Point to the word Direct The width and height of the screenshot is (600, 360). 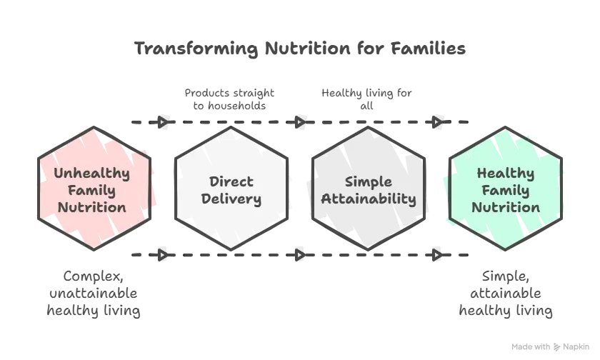coord(231,181)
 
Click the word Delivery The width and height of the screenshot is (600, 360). coord(231,199)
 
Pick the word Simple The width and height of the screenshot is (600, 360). coord(368,181)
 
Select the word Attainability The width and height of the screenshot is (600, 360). coord(368,199)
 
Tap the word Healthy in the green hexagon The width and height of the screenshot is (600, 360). coord(505,173)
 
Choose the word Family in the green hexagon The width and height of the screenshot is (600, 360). coord(505,190)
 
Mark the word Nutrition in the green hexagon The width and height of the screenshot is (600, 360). coord(505,208)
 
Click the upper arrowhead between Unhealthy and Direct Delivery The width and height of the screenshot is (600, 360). coord(164,123)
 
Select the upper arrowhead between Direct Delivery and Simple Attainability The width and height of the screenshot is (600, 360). coord(301,123)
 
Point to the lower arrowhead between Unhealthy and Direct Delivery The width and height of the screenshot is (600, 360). coord(164,254)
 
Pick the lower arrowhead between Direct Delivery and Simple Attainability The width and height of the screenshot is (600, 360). coord(301,254)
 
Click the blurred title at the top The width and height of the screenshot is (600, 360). coord(300,49)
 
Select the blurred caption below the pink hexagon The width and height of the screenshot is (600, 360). coord(94,294)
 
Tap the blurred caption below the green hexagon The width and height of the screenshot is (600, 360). coord(505,294)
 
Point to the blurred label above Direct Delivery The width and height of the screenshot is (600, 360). coord(226,100)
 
